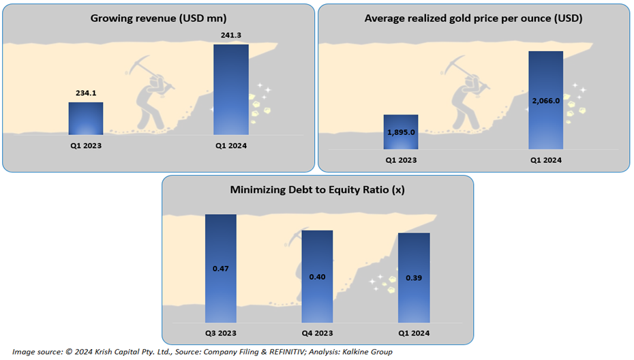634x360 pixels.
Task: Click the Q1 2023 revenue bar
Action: click(x=86, y=119)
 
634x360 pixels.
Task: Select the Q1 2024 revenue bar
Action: click(x=231, y=89)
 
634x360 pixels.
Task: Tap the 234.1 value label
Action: click(x=86, y=93)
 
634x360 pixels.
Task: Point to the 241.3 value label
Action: click(x=231, y=35)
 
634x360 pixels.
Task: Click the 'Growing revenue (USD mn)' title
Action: click(x=158, y=18)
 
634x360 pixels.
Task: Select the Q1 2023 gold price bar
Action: click(x=401, y=132)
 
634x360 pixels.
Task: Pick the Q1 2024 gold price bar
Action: click(x=546, y=100)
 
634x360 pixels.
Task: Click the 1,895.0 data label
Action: click(x=401, y=132)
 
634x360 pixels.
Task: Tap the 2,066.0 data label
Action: click(x=546, y=101)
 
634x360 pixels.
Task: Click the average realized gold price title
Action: click(x=474, y=18)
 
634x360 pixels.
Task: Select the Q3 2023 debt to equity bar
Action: click(x=221, y=269)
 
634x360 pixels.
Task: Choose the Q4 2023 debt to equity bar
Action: click(x=318, y=277)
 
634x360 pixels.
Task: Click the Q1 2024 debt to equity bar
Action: click(x=414, y=278)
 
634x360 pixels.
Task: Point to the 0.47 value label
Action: click(x=221, y=269)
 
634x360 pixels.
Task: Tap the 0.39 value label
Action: click(x=414, y=278)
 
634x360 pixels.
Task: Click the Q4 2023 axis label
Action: click(x=318, y=333)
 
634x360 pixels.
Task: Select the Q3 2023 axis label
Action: click(x=221, y=333)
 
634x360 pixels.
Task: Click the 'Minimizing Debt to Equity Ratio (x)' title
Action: click(x=318, y=190)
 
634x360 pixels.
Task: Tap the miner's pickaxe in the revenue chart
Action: click(x=149, y=72)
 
